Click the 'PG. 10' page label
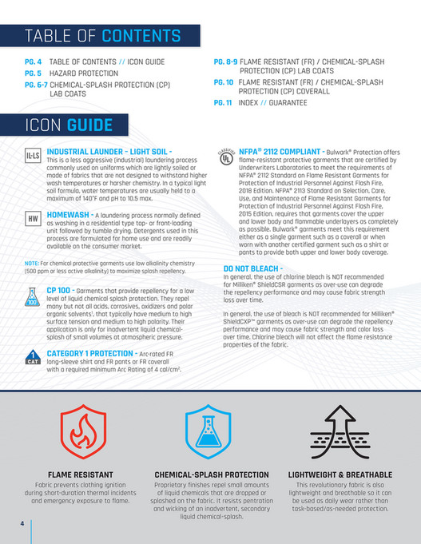click(x=224, y=81)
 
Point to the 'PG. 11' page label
click(x=224, y=103)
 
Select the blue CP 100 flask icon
click(x=33, y=297)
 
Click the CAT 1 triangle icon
click(x=33, y=357)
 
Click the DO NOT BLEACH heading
click(x=252, y=268)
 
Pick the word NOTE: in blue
click(x=32, y=263)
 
